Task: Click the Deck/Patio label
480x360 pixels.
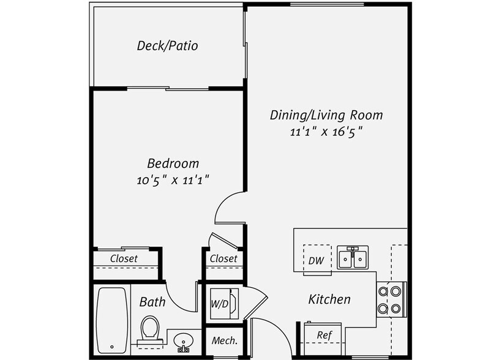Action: tap(167, 46)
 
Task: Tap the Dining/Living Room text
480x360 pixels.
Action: tap(327, 115)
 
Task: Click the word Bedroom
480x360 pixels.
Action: tap(173, 163)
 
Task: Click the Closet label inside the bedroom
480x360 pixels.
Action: tap(124, 258)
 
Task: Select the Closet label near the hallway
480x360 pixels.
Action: tap(223, 258)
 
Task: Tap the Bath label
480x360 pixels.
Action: tap(152, 301)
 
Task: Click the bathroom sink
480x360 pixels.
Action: tap(182, 340)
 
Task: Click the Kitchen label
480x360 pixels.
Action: tap(329, 299)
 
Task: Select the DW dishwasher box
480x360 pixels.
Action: tap(316, 260)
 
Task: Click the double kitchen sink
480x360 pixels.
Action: tap(353, 258)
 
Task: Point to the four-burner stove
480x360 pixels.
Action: tap(391, 299)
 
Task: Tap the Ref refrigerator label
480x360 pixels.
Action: tap(324, 336)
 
